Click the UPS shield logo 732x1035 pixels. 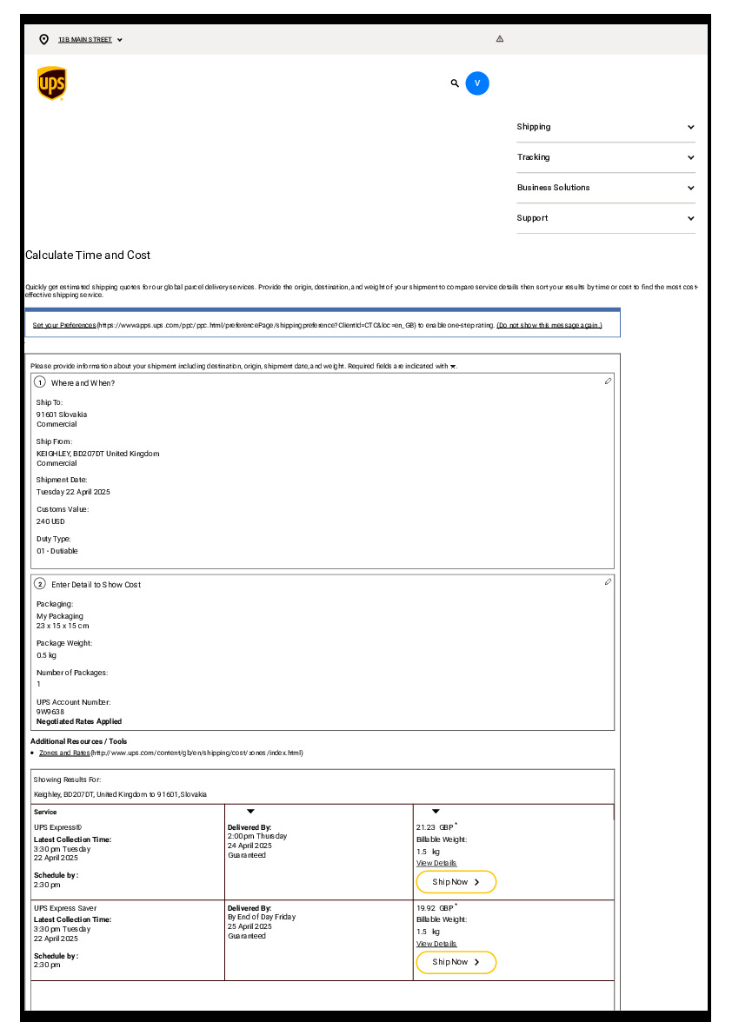[x=51, y=83]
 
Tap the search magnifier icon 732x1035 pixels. [x=455, y=83]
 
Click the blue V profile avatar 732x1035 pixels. [x=477, y=83]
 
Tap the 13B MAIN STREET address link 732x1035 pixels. [x=85, y=40]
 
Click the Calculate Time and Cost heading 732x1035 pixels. [x=88, y=255]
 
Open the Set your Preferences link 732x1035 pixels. [x=64, y=325]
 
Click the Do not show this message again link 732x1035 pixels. [x=549, y=325]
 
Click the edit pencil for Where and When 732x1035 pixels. [x=608, y=381]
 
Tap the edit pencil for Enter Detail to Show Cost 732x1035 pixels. [x=608, y=581]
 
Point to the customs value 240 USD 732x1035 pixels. [x=50, y=521]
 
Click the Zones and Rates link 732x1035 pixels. [x=64, y=753]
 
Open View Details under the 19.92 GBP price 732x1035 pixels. [x=436, y=944]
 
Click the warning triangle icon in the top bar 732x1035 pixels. [x=500, y=39]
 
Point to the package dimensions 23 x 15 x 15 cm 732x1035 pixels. [x=63, y=626]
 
